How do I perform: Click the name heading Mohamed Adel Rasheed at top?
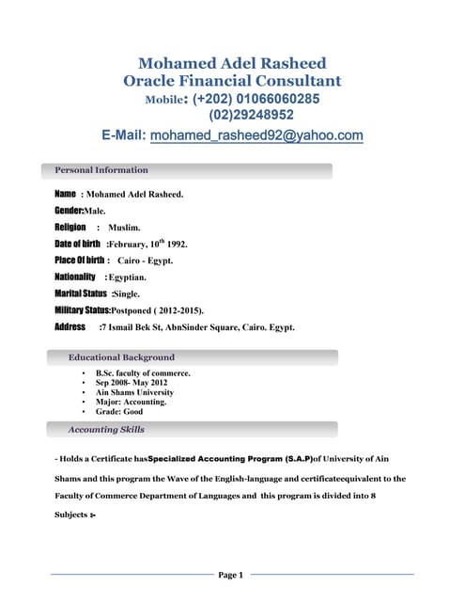point(232,63)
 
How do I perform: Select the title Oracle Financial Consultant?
point(232,81)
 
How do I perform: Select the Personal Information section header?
point(101,170)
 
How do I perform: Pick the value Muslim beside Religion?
point(124,228)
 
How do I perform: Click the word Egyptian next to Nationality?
point(127,277)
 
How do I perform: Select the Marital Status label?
point(82,293)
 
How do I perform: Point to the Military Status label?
point(83,309)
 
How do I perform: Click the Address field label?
point(70,326)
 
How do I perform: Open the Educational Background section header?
point(121,357)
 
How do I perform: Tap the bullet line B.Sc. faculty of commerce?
point(143,373)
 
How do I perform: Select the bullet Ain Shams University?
point(135,392)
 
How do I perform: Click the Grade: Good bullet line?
point(119,411)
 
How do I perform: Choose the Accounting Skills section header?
point(106,430)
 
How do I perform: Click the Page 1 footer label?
point(231,575)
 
